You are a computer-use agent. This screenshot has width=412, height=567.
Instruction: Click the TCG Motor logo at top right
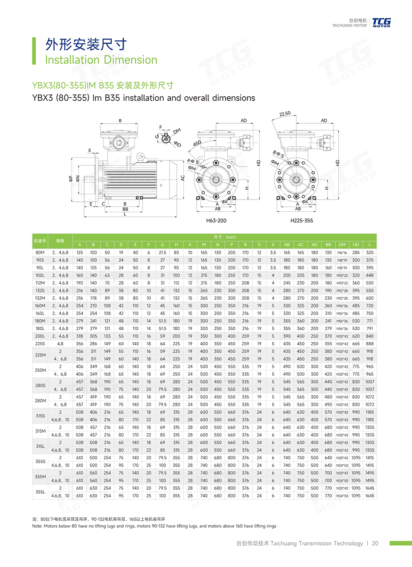pyautogui.click(x=381, y=23)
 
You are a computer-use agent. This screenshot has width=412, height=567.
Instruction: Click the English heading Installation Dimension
pyautogui.click(x=101, y=60)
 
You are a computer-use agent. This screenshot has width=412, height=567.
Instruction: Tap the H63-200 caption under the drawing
pyautogui.click(x=216, y=221)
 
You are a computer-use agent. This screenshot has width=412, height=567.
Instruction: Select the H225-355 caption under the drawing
pyautogui.click(x=301, y=221)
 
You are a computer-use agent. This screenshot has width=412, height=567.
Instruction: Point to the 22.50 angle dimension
pyautogui.click(x=285, y=114)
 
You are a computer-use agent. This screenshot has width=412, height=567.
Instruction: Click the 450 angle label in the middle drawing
pyautogui.click(x=197, y=143)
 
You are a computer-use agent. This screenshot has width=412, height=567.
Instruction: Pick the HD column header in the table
pyautogui.click(x=356, y=245)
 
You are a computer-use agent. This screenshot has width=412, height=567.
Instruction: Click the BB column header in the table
pyautogui.click(x=328, y=245)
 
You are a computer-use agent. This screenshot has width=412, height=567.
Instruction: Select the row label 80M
pyautogui.click(x=40, y=252)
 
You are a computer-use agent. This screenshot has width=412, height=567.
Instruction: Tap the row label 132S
pyautogui.click(x=40, y=291)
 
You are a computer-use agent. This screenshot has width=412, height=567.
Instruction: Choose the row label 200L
pyautogui.click(x=40, y=336)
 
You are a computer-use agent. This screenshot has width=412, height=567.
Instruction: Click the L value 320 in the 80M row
pyautogui.click(x=369, y=252)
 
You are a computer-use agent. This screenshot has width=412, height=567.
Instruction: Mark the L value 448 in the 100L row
pyautogui.click(x=369, y=275)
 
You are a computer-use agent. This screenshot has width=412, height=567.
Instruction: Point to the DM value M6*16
pyautogui.click(x=342, y=252)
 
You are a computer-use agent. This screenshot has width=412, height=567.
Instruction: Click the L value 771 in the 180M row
pyautogui.click(x=369, y=321)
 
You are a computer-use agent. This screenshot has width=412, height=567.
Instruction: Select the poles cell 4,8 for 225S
pyautogui.click(x=60, y=344)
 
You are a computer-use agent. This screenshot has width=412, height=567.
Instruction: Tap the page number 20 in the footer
pyautogui.click(x=375, y=543)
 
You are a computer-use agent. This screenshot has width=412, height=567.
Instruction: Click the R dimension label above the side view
pyautogui.click(x=120, y=121)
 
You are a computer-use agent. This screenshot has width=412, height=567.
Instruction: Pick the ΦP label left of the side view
pyautogui.click(x=71, y=178)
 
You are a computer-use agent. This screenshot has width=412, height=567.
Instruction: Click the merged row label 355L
pyautogui.click(x=40, y=492)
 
